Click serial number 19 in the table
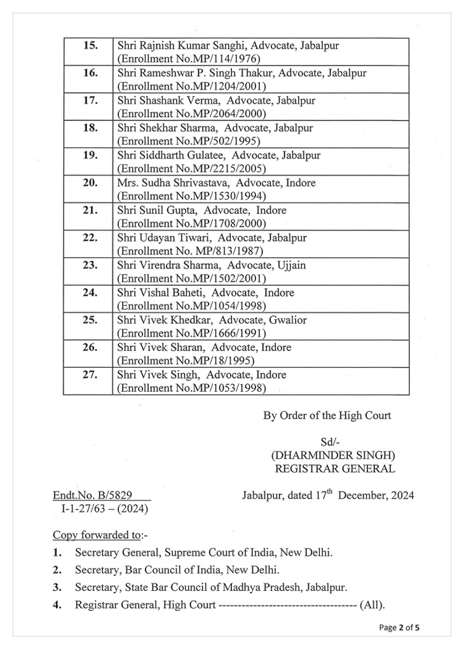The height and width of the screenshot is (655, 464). [x=90, y=155]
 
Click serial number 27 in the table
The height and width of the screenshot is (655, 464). [x=90, y=375]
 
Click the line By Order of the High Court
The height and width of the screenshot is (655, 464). [x=327, y=416]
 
